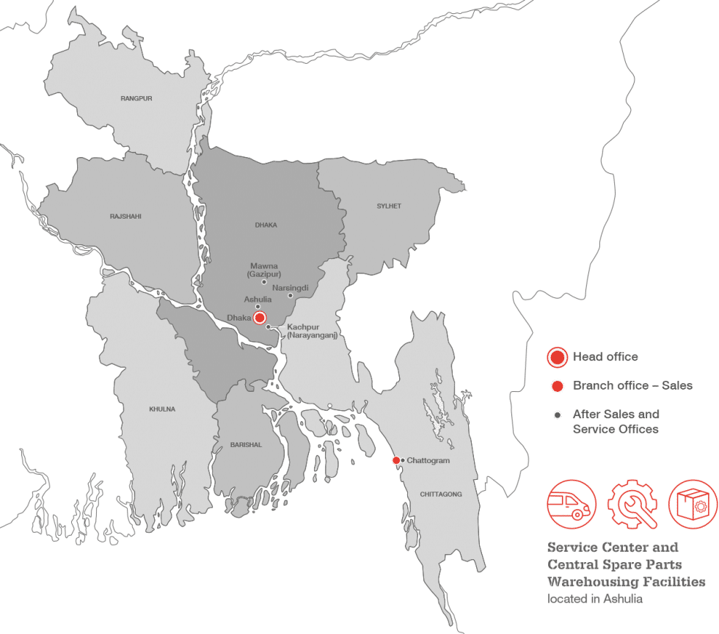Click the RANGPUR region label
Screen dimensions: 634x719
coord(136,98)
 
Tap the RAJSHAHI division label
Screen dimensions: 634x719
coord(125,216)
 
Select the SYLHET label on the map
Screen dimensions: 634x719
coord(389,206)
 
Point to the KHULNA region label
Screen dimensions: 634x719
coord(162,409)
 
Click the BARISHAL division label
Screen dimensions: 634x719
coord(246,445)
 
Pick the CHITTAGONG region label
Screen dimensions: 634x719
coord(441,495)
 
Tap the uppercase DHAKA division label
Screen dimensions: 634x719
coord(266,225)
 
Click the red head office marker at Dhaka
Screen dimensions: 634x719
coord(259,318)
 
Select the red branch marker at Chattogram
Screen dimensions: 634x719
coord(396,460)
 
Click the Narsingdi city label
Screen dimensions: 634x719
coord(290,288)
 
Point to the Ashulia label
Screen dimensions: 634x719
coord(258,299)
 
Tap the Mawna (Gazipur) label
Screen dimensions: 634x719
coord(264,269)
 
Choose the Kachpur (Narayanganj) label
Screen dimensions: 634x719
coord(312,331)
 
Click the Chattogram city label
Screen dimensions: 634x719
coord(428,460)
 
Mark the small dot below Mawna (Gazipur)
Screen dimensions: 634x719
coord(264,282)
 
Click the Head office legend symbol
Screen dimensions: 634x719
coord(558,357)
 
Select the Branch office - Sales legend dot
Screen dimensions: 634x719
coord(558,386)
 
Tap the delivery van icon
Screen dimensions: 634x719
coord(572,505)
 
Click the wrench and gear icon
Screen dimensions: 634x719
coord(632,505)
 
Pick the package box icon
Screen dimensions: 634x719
coord(693,505)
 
